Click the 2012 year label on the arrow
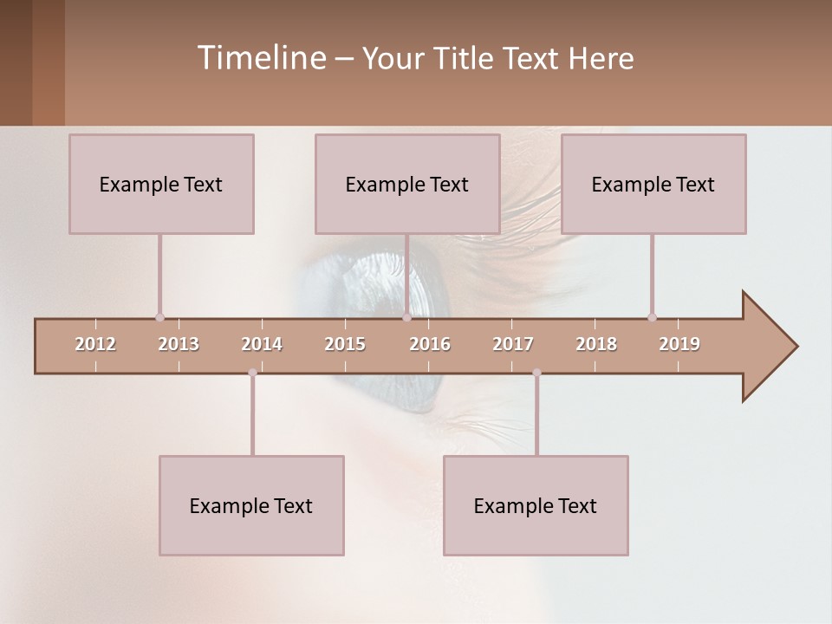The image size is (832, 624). pyautogui.click(x=95, y=344)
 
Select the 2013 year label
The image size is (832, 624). pyautogui.click(x=179, y=344)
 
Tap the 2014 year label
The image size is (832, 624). pyautogui.click(x=262, y=344)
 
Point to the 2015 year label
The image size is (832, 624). pyautogui.click(x=345, y=344)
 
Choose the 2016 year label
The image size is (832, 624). pyautogui.click(x=430, y=344)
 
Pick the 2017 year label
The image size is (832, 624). pyautogui.click(x=513, y=344)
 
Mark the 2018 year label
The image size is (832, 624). pyautogui.click(x=596, y=344)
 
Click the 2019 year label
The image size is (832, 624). pyautogui.click(x=679, y=344)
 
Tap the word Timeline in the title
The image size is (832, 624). pyautogui.click(x=260, y=58)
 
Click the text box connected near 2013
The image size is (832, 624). pyautogui.click(x=161, y=184)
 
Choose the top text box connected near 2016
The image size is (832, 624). pyautogui.click(x=407, y=184)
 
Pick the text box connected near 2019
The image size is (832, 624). pyautogui.click(x=653, y=184)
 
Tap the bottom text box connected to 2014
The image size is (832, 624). pyautogui.click(x=251, y=505)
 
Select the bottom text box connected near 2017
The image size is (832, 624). pyautogui.click(x=536, y=505)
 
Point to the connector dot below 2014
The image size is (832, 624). pyautogui.click(x=252, y=373)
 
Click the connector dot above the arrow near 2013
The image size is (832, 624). pyautogui.click(x=159, y=317)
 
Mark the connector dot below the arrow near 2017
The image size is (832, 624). pyautogui.click(x=536, y=373)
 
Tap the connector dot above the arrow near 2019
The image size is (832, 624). pyautogui.click(x=652, y=317)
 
